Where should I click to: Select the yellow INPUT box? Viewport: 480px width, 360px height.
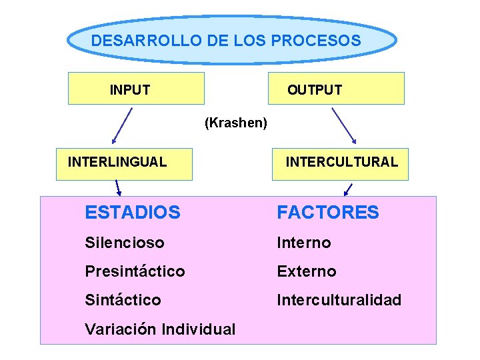point(136,89)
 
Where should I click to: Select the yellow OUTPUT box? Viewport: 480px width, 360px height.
point(336,89)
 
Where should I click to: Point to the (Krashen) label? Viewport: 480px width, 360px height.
point(236,123)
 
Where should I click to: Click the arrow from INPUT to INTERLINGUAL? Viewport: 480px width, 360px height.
point(122,126)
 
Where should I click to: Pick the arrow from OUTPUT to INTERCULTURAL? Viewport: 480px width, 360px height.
point(343,126)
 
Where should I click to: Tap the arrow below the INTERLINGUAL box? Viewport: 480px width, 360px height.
point(117,188)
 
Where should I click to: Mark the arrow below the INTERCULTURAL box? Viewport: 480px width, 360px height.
point(348,188)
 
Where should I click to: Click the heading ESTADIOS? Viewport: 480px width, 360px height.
point(133,213)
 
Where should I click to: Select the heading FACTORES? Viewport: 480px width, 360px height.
point(328,213)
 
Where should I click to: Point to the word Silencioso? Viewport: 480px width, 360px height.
point(125,243)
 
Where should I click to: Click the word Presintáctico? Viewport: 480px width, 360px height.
point(135,271)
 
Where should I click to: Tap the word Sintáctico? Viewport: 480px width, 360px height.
point(123,300)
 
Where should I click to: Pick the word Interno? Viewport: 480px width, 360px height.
point(304,243)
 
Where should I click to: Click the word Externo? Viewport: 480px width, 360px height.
point(307,271)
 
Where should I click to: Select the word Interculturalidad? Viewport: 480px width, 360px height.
point(339,300)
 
